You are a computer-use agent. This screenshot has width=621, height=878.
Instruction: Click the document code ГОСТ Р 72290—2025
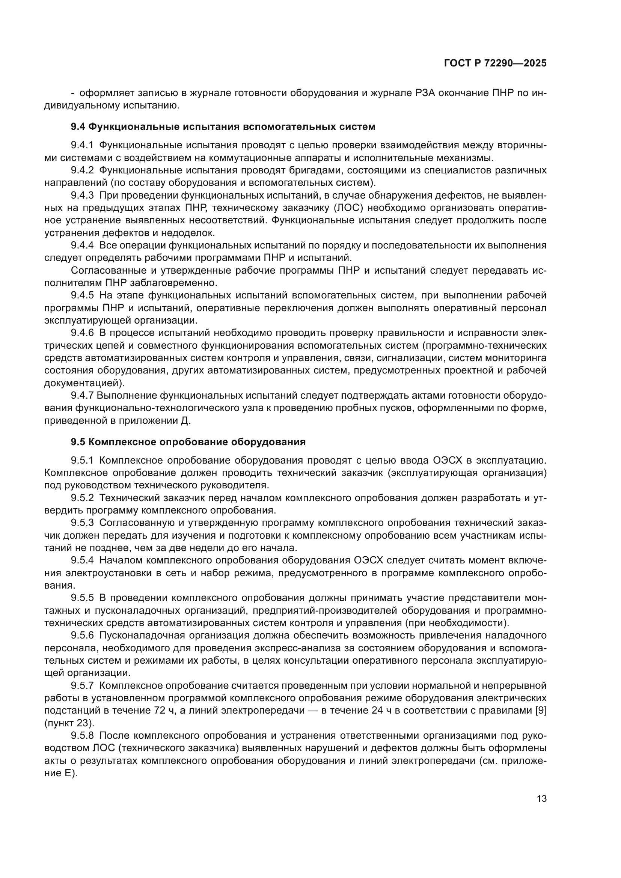point(495,63)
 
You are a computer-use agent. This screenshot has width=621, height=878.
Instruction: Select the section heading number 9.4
point(78,127)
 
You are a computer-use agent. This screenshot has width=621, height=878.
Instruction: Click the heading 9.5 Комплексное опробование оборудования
point(188,442)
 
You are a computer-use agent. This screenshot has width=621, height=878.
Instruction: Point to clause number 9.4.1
point(82,145)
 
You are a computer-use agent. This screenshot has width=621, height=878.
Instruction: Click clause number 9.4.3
point(82,196)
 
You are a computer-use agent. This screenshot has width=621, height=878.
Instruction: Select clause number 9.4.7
point(82,396)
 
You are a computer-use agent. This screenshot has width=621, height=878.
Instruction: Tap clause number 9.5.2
point(82,498)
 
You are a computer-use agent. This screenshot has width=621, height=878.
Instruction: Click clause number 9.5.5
point(82,598)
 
